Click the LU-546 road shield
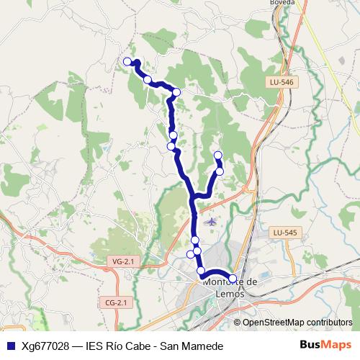(282, 83)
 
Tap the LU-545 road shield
(284, 233)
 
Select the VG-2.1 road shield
(123, 261)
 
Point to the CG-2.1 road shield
(115, 302)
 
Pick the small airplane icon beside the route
(210, 221)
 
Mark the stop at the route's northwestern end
(127, 61)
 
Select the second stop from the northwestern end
(148, 79)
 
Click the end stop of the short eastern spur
(218, 156)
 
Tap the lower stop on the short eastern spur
(220, 171)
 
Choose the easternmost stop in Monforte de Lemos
(233, 278)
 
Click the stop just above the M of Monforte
(202, 271)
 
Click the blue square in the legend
(10, 345)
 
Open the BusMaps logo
(321, 345)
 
